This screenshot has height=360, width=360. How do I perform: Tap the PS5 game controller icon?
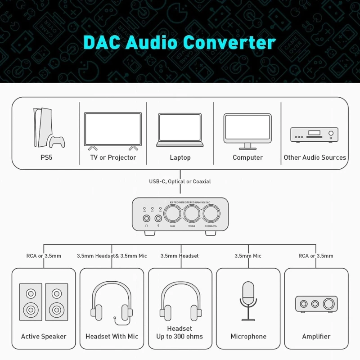tap(57, 142)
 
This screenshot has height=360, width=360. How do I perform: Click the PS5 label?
tap(45, 157)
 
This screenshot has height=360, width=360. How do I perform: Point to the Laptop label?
tap(180, 157)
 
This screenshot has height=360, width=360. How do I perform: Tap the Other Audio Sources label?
tap(315, 157)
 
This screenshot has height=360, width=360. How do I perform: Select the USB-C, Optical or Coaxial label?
tap(180, 181)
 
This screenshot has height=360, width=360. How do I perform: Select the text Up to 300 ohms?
tap(180, 337)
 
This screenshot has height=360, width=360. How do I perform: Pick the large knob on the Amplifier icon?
tap(330, 304)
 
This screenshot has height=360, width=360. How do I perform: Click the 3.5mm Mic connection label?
tap(248, 256)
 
